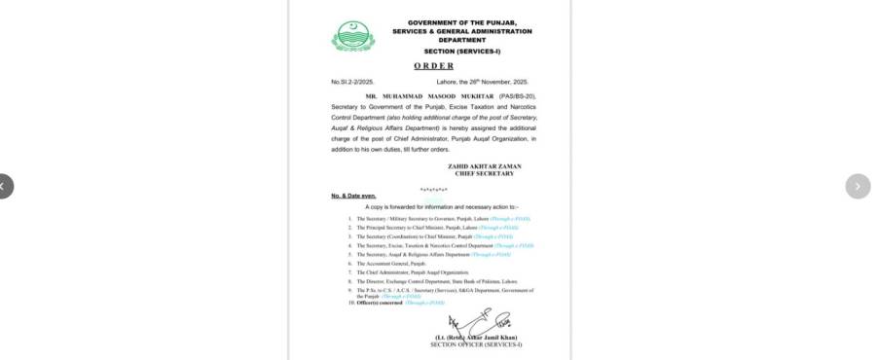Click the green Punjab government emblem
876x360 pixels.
[x=352, y=36]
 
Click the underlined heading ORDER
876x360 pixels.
[x=433, y=66]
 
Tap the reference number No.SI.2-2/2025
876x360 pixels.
[x=352, y=82]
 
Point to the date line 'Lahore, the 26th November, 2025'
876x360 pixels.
[x=483, y=82]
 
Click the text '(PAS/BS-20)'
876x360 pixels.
[x=517, y=97]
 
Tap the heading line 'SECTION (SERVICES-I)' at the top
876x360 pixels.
[x=462, y=51]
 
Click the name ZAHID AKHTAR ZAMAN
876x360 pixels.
[x=484, y=166]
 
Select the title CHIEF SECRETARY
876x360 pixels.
[x=484, y=173]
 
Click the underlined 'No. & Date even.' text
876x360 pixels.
[x=352, y=196]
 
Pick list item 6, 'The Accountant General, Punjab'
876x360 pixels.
[x=391, y=264]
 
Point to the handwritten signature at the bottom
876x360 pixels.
[x=478, y=322]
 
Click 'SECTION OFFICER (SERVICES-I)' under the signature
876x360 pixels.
[x=477, y=345]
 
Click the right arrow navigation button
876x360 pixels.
[x=858, y=186]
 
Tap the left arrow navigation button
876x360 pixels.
[x=4, y=186]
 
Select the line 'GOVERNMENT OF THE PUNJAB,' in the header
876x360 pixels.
[x=462, y=22]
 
